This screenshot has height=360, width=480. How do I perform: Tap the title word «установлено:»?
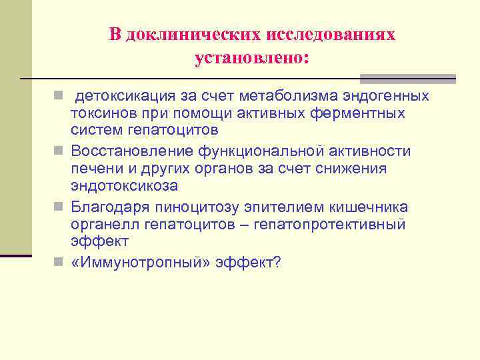coord(252,59)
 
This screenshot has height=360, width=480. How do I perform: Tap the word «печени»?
coord(94,168)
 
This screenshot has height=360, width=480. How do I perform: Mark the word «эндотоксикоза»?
coord(124,185)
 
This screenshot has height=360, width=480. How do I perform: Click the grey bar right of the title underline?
coord(407,79)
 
